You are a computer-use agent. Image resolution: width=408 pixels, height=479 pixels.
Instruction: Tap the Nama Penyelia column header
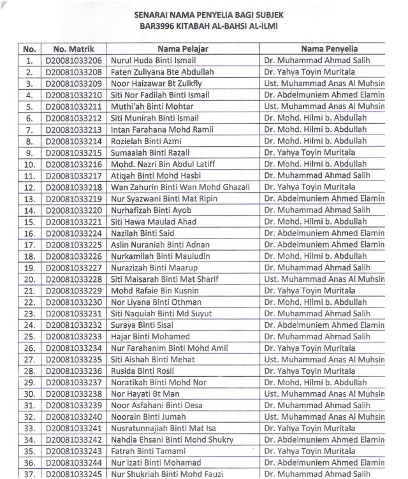pos(329,49)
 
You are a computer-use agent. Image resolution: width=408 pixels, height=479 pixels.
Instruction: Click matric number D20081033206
pos(73,61)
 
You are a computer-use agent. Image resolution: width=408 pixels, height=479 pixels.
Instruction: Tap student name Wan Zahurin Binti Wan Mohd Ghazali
pos(180,187)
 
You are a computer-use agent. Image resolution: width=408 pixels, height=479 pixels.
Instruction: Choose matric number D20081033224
pos(73,233)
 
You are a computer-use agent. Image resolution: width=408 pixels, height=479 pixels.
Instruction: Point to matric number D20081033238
pos(73,394)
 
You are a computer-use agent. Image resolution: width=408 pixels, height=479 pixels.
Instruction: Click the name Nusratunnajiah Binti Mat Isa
pos(163,429)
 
